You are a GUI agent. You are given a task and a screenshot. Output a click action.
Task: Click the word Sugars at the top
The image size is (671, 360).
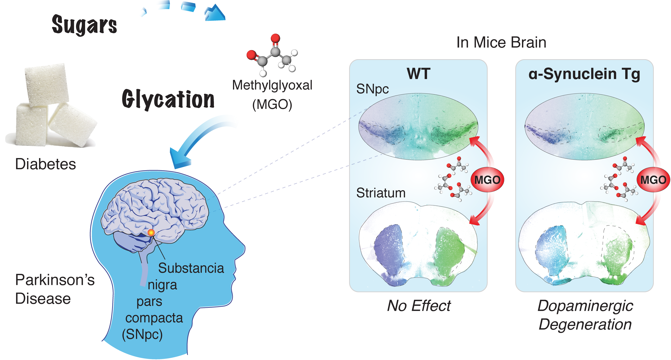[x=84, y=25]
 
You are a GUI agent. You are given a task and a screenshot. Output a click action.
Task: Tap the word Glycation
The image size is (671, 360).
[x=168, y=99]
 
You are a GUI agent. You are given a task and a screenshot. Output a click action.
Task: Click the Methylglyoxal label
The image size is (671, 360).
[x=272, y=85]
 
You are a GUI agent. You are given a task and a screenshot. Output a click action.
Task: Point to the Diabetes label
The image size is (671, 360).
[x=46, y=164]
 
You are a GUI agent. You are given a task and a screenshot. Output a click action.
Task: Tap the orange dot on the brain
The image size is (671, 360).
[x=151, y=232]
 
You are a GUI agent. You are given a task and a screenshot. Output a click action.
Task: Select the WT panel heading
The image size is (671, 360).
[x=418, y=74]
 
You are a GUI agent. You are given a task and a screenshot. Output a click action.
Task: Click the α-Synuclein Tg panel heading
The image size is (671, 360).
[x=584, y=74]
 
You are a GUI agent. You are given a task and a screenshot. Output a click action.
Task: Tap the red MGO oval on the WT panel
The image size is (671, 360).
[x=487, y=180]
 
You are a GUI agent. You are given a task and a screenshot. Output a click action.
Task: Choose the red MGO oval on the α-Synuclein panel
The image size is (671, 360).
[x=653, y=180]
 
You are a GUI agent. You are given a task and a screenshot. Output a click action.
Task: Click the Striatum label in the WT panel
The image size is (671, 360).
[x=381, y=193]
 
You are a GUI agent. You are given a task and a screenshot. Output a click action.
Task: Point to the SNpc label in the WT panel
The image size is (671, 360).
[x=373, y=89]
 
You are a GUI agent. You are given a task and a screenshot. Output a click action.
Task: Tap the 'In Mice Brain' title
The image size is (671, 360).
[x=501, y=43]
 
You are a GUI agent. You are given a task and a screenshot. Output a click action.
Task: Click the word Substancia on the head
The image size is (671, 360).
[x=191, y=268]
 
